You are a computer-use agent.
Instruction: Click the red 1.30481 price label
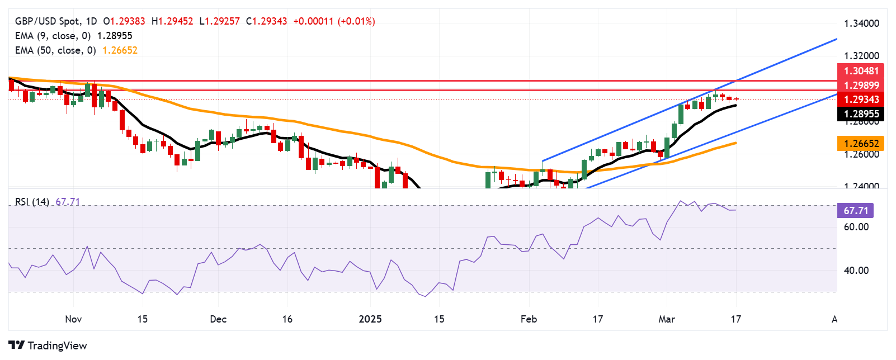(861, 71)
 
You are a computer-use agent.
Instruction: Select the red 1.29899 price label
(861, 86)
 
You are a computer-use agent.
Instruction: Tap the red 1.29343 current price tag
(861, 100)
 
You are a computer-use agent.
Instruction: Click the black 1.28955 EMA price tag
(861, 114)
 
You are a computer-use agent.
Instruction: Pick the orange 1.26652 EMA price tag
(861, 144)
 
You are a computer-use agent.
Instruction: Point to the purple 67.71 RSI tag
(856, 211)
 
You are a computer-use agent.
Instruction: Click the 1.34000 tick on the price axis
(861, 24)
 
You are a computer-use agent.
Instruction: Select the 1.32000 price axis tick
(861, 56)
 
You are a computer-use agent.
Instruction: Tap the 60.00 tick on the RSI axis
(856, 227)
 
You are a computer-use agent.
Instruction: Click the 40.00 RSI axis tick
(856, 271)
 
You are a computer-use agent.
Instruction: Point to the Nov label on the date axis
(73, 319)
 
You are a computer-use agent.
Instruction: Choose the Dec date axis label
(218, 319)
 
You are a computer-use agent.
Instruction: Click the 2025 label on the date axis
(370, 319)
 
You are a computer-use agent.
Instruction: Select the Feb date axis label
(529, 319)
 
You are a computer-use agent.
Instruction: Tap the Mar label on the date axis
(667, 319)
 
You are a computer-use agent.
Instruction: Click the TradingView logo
(48, 345)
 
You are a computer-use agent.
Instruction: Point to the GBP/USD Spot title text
(47, 21)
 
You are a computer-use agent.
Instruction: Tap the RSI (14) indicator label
(32, 202)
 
